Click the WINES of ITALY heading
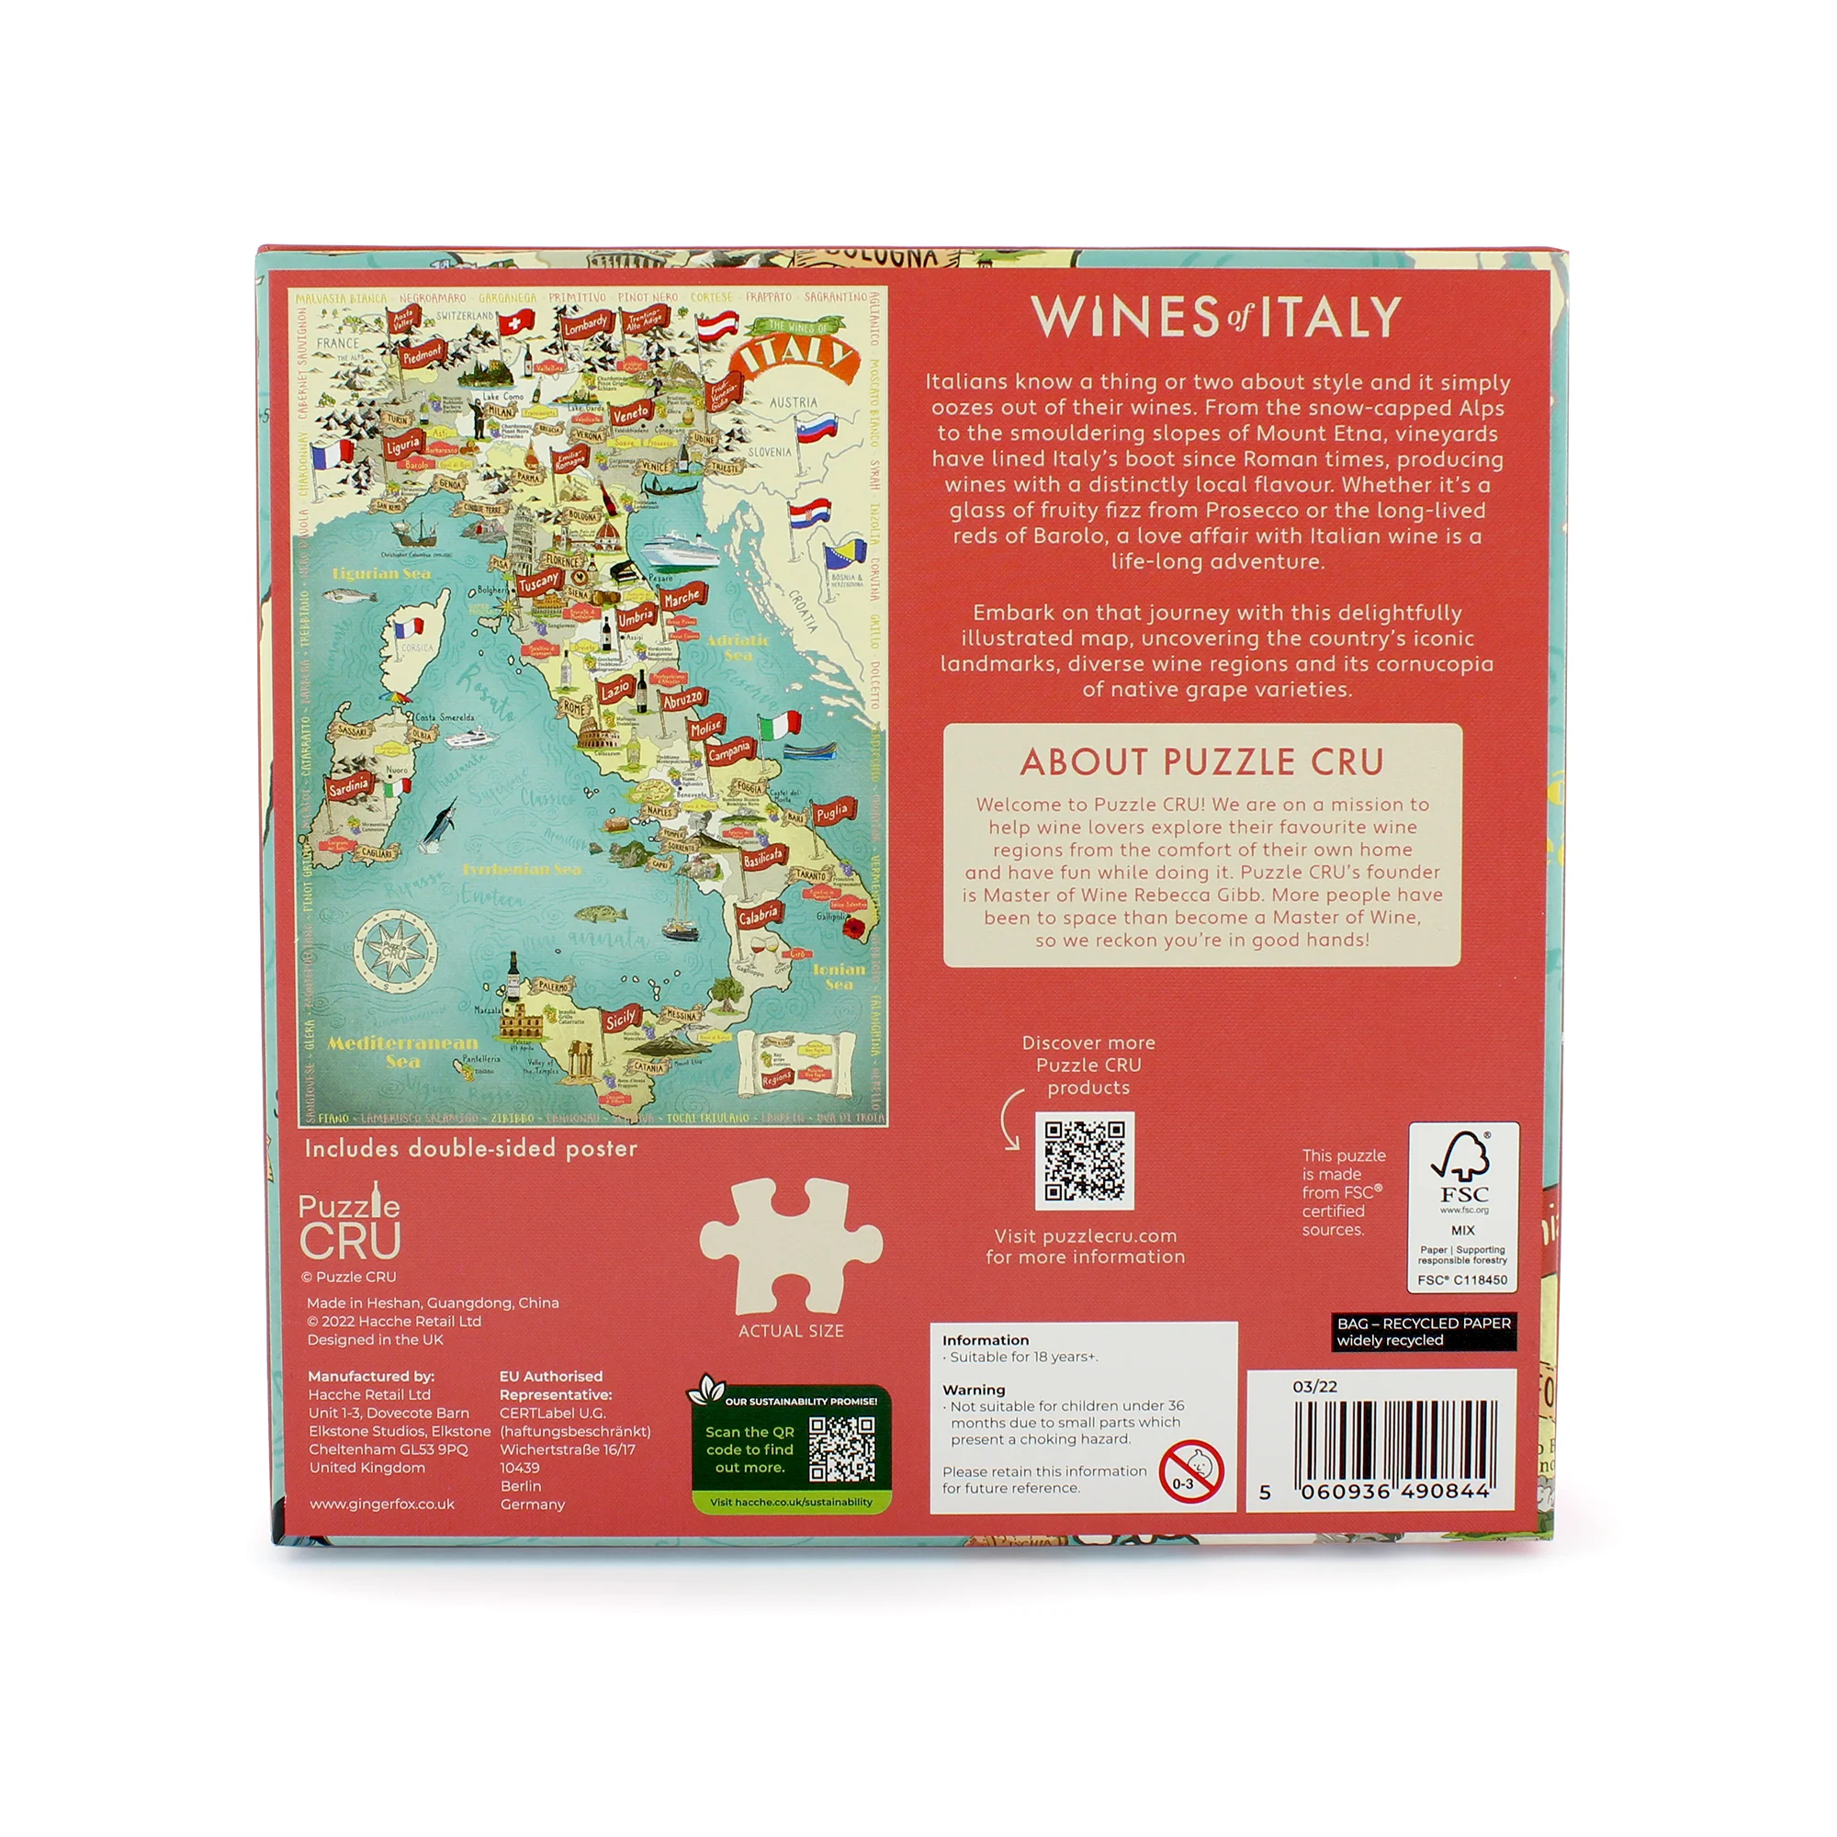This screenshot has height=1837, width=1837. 1216,317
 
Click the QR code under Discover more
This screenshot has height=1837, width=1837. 1084,1161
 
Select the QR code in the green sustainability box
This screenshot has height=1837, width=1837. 841,1449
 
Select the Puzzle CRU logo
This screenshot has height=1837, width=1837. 349,1226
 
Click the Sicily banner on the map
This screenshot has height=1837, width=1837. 621,1019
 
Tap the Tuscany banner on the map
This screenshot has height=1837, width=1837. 538,583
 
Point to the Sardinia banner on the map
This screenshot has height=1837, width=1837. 348,786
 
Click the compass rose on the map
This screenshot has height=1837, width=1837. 396,949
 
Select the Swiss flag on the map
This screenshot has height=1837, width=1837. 516,323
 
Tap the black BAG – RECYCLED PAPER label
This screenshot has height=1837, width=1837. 1423,1331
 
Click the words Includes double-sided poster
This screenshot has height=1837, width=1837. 470,1149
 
